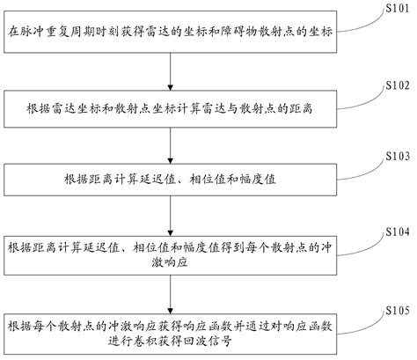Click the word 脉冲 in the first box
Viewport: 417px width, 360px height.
[34, 33]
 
